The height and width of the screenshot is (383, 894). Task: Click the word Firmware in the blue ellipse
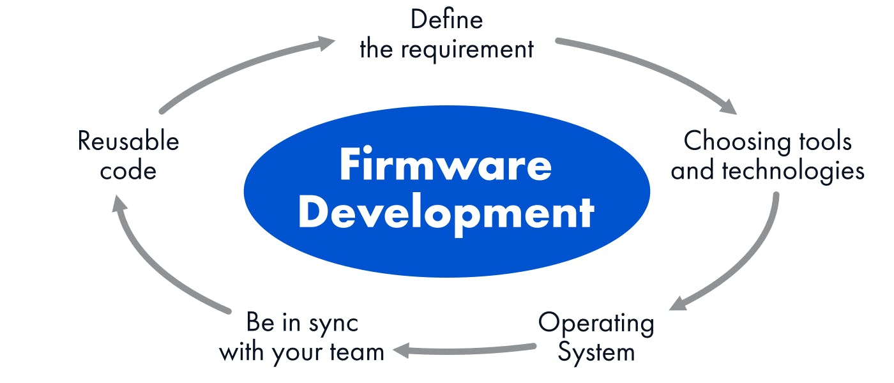pyautogui.click(x=445, y=164)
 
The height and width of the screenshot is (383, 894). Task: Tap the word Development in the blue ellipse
pyautogui.click(x=446, y=214)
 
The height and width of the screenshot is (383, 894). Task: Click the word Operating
pyautogui.click(x=596, y=323)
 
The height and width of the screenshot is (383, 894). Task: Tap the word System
pyautogui.click(x=596, y=352)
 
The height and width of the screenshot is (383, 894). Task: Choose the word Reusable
pyautogui.click(x=128, y=141)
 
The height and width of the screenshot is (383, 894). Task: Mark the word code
pyautogui.click(x=128, y=171)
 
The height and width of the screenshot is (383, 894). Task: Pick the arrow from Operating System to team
pyautogui.click(x=466, y=349)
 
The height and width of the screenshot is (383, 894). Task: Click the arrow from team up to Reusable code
pyautogui.click(x=153, y=262)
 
